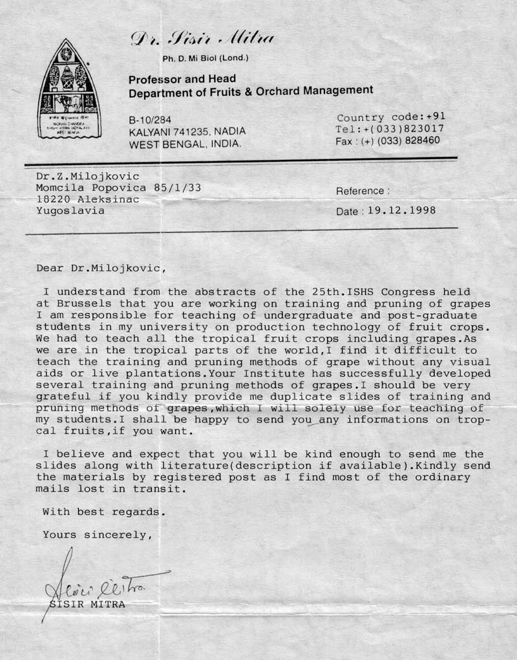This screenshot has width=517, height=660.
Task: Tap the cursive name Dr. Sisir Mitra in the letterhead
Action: pos(203,38)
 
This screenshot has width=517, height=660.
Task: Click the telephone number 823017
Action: pos(421,129)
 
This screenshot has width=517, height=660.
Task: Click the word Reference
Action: pos(361,191)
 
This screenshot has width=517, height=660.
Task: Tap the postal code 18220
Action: pos(55,199)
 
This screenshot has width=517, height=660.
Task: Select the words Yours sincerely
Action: pos(97,534)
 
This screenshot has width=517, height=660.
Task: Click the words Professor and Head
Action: pos(182,80)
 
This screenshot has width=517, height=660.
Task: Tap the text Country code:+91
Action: pos(391,118)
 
